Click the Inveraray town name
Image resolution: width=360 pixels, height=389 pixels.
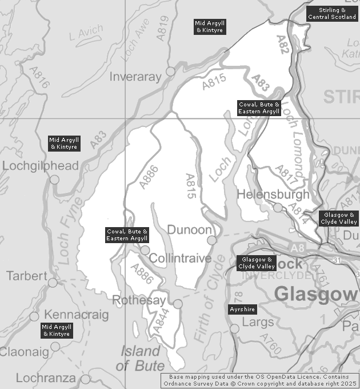[137, 77]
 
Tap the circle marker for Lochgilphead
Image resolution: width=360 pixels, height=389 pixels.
[54, 180]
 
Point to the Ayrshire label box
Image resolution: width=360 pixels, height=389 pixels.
[242, 309]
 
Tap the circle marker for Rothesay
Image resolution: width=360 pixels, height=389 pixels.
[178, 304]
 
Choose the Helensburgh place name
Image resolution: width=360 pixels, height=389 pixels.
[273, 194]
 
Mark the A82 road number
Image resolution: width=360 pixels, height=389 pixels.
[282, 45]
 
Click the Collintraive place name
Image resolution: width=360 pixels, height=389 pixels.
[180, 259]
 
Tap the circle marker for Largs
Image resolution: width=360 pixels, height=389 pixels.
[234, 328]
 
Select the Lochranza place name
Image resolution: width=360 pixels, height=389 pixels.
[45, 378]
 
